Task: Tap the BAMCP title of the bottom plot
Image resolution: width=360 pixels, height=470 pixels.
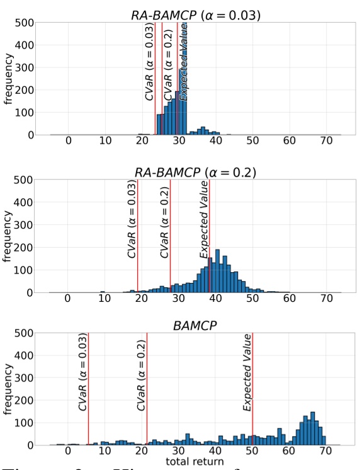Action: click(x=189, y=325)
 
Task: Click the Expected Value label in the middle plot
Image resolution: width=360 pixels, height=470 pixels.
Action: click(x=204, y=219)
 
